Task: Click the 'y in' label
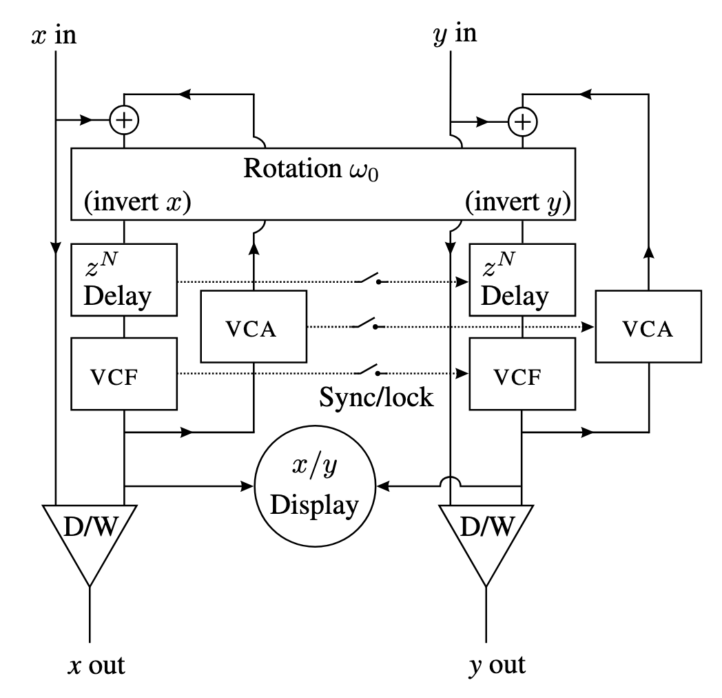click(455, 34)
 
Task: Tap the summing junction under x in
click(124, 121)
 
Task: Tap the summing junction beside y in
click(522, 121)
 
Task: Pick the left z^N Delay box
click(124, 281)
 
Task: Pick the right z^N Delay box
click(522, 281)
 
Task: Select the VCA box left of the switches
click(253, 327)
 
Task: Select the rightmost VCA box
click(649, 327)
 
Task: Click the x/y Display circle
click(315, 487)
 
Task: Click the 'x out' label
click(96, 666)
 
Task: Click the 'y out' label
click(496, 666)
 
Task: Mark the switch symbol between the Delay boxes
click(368, 279)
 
